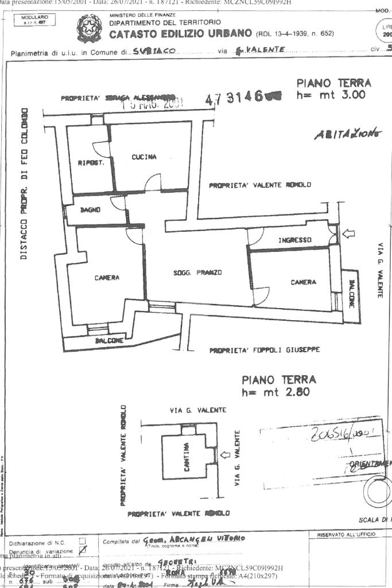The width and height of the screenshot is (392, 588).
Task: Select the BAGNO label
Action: point(90,210)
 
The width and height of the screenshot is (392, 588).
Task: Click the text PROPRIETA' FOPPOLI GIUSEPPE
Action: point(264,349)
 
